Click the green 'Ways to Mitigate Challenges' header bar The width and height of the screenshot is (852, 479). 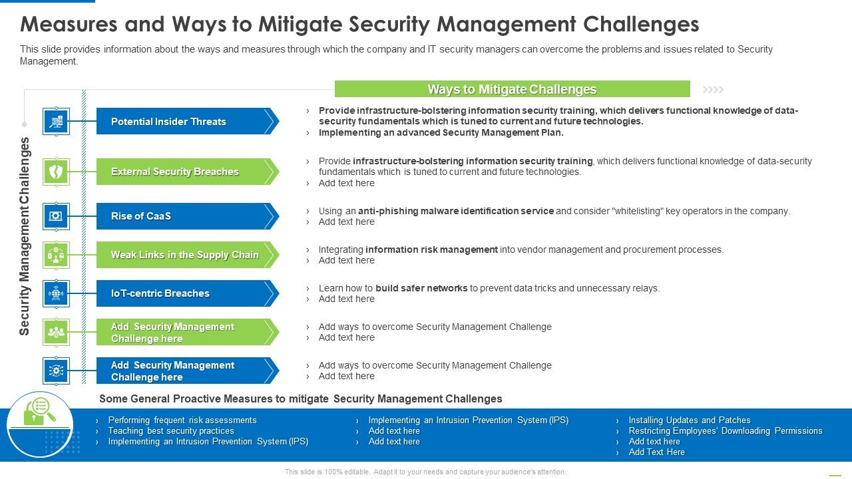(x=512, y=89)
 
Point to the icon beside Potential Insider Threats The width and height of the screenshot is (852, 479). (x=56, y=122)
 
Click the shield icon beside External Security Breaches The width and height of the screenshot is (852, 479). (x=56, y=172)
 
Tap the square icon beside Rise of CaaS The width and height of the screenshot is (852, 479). (x=56, y=216)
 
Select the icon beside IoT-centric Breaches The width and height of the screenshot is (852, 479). (x=56, y=293)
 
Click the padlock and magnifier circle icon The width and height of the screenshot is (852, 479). (x=40, y=424)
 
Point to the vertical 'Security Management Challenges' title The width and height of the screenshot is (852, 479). (x=25, y=236)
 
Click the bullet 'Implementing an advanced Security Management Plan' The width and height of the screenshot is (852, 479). (x=441, y=132)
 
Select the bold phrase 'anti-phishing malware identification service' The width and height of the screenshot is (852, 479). (x=455, y=211)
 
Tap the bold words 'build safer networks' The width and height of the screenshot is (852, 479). (x=421, y=288)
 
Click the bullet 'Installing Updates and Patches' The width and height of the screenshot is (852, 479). (x=689, y=420)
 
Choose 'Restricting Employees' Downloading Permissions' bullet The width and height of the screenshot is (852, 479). (x=725, y=430)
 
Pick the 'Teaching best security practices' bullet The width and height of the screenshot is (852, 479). (x=171, y=430)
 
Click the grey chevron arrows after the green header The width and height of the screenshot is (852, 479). (x=713, y=89)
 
